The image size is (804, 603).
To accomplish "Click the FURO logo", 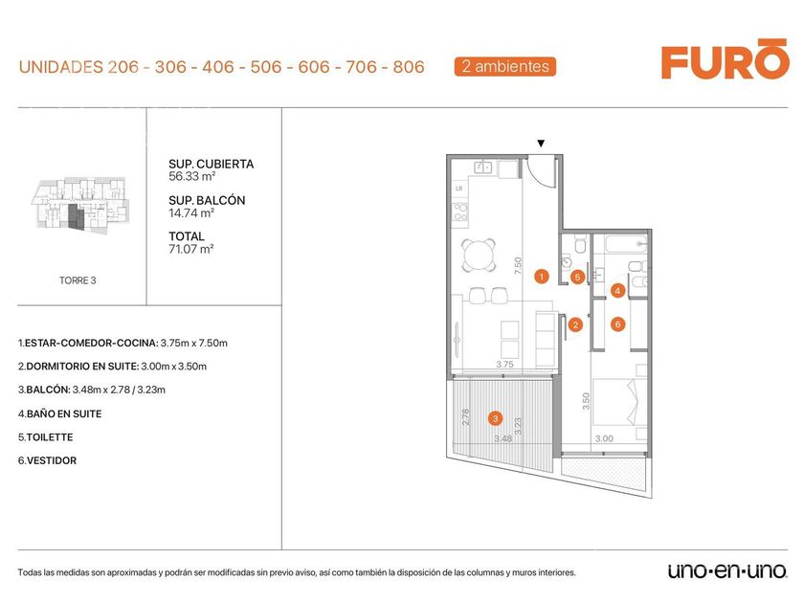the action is pos(726,59).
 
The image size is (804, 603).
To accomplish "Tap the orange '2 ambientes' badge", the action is pos(505,67).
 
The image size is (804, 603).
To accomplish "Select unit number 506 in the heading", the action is pos(266,67).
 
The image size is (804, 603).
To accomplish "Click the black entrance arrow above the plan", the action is pos(541,144).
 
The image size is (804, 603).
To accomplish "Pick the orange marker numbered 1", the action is pos(541,277).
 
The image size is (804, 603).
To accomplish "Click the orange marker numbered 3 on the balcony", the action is pos(495,418).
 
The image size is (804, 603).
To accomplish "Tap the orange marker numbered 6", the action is pos(618,324).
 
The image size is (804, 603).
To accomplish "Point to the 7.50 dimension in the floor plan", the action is pos(518,266).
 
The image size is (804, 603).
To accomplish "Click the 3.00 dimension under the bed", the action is pos(604,438).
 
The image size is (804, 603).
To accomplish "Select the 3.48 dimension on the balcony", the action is pos(503,438).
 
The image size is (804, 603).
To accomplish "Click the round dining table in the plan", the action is pos(480,255).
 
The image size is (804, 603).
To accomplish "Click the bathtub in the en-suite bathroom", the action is pos(626,243).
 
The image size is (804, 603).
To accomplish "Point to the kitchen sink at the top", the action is pos(482,167).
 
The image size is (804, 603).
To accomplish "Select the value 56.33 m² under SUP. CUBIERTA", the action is pos(191,176).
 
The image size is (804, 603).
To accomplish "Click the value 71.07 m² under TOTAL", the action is pos(190,249).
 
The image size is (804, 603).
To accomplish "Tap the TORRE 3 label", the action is pos(78,280).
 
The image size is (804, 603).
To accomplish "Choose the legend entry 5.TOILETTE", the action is pos(46,437).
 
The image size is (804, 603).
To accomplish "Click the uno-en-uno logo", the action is pos(727,570).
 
